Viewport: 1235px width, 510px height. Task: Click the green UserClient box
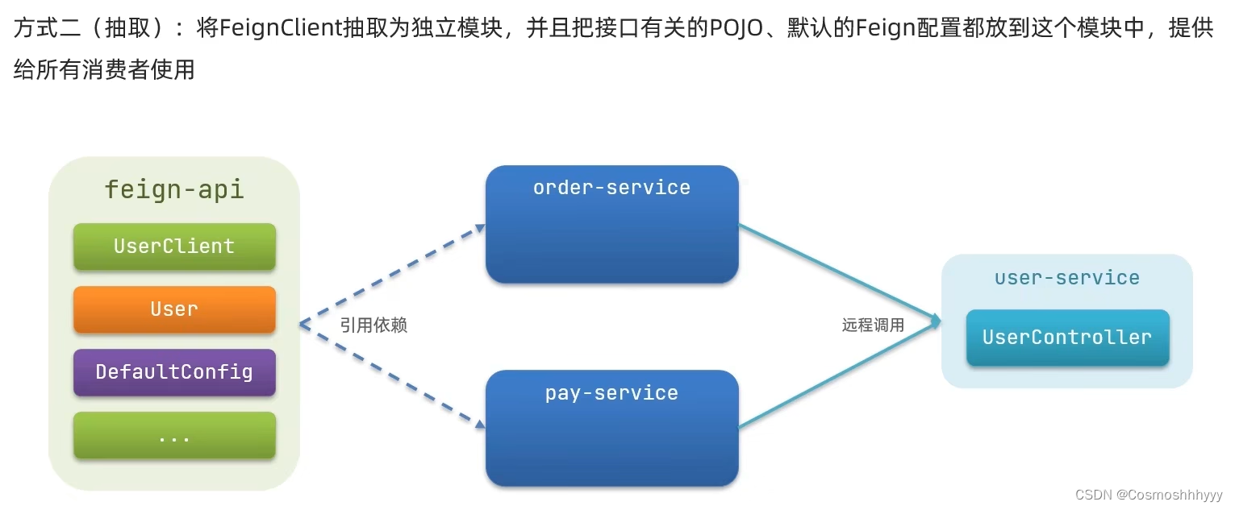coord(174,247)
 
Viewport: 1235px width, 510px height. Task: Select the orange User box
coord(174,309)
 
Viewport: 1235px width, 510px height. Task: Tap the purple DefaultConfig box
coord(174,372)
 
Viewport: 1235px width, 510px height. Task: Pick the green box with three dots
coord(174,436)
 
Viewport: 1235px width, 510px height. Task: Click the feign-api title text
coord(174,190)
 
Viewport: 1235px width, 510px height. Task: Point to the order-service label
coord(611,188)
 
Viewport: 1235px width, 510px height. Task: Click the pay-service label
coord(611,393)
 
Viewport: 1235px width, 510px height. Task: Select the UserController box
coord(1067,338)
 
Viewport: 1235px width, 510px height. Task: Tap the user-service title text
coord(1067,278)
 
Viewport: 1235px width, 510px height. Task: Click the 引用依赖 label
coord(373,325)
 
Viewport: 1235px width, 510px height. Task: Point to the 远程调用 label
coord(874,325)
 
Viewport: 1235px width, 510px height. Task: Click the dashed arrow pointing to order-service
coord(393,275)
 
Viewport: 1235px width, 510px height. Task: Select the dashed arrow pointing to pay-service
coord(393,374)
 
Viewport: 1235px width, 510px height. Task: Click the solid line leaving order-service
coord(839,274)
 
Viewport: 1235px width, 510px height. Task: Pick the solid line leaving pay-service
coord(839,375)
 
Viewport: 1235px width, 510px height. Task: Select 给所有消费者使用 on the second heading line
coord(104,69)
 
